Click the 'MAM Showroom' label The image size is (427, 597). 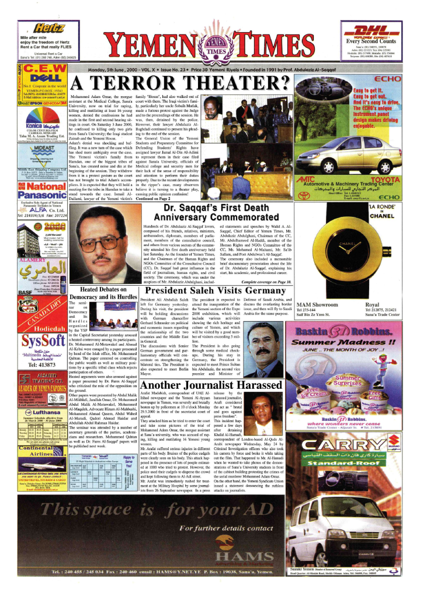pyautogui.click(x=317, y=304)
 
